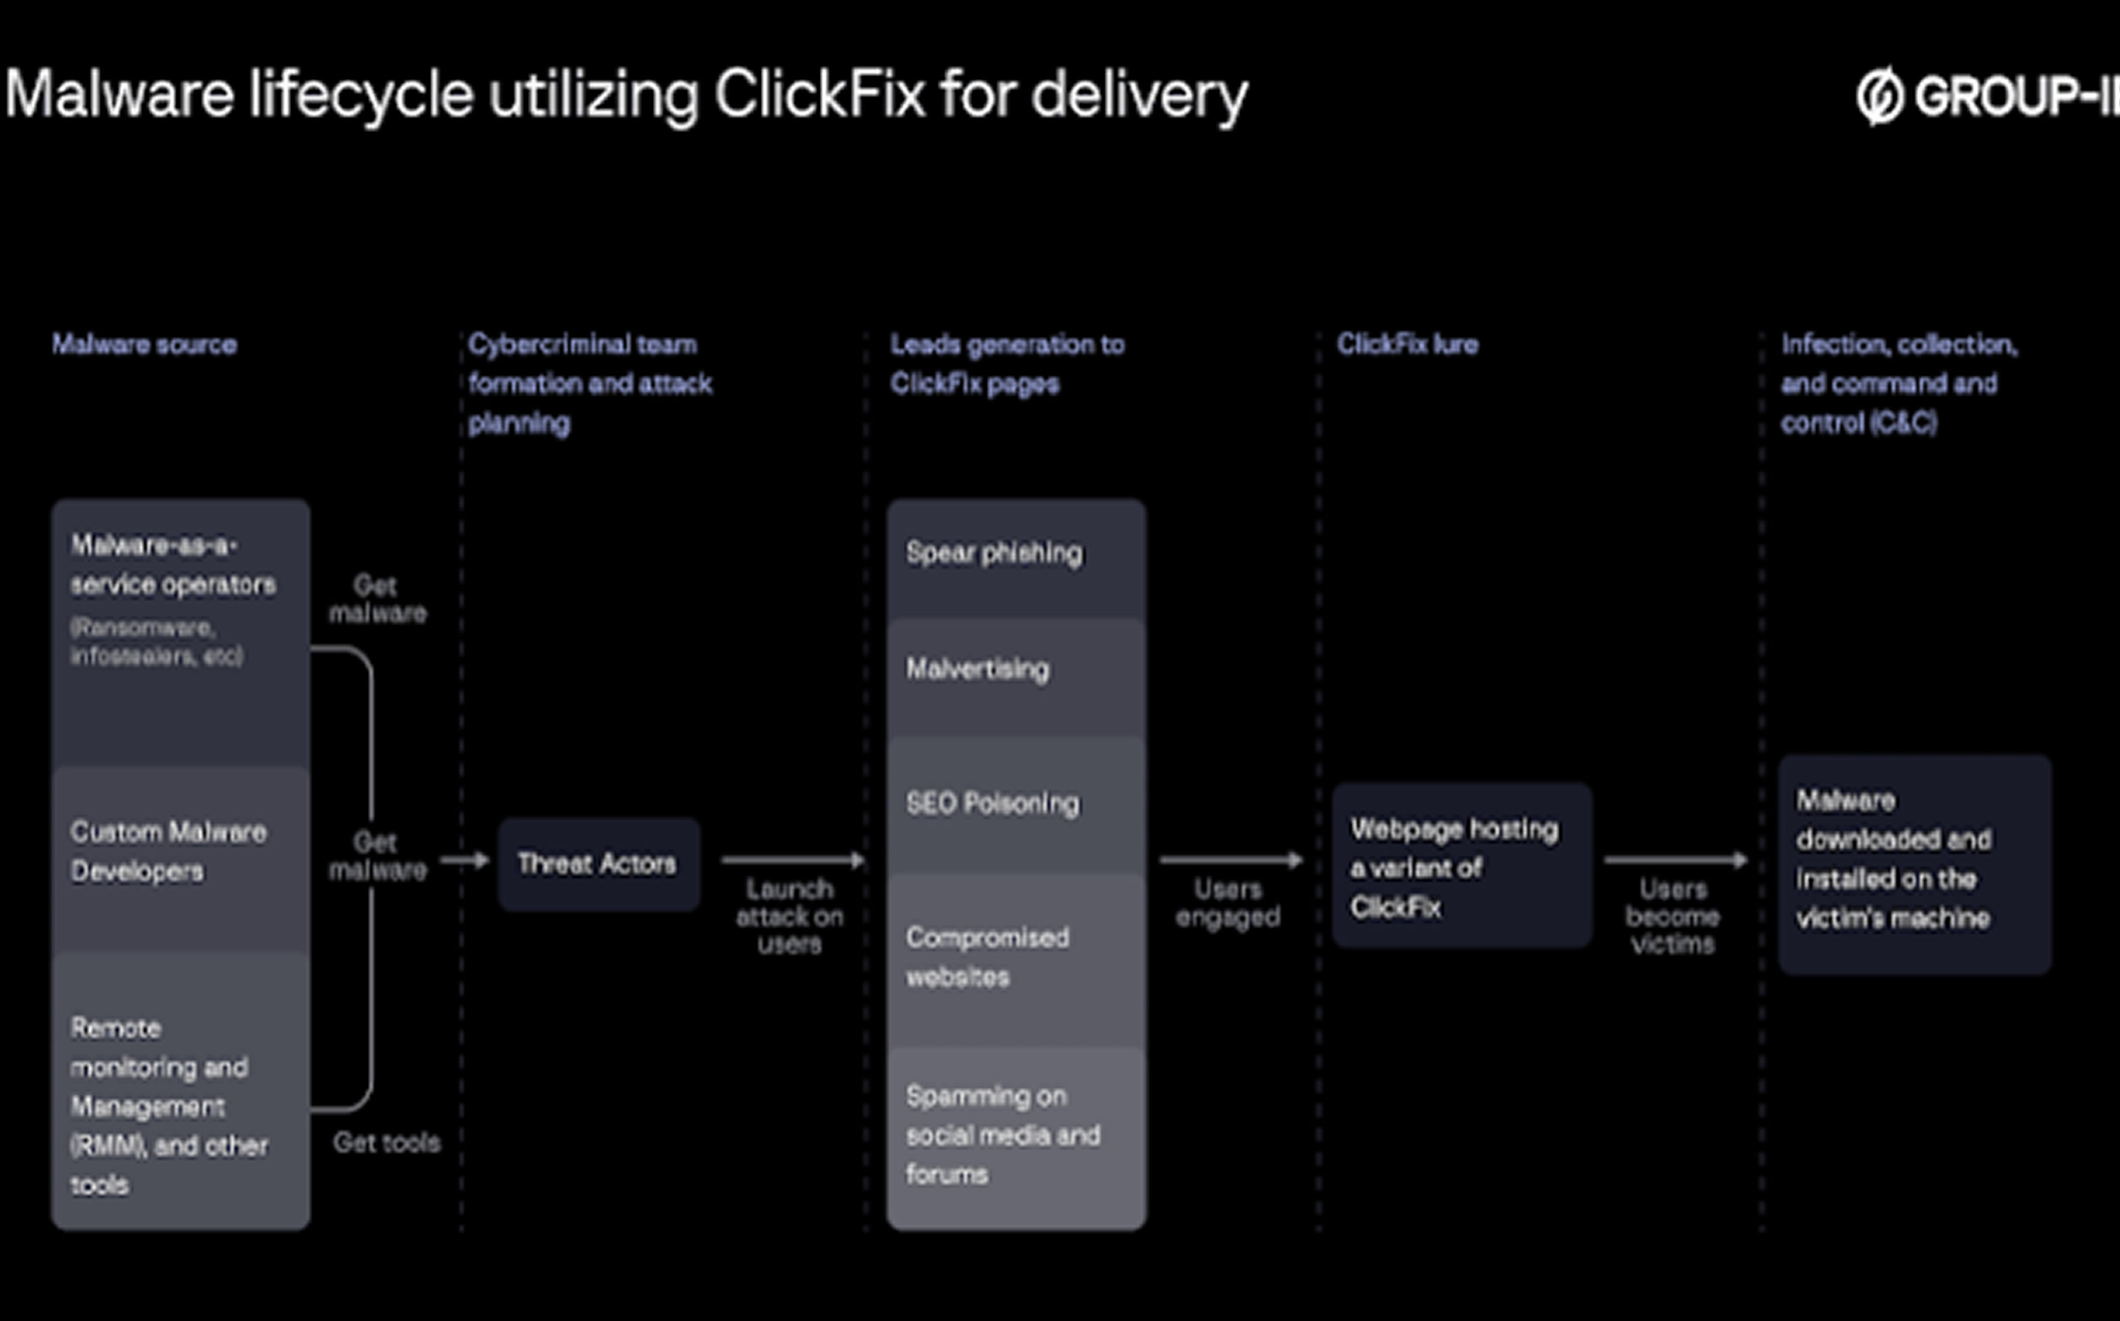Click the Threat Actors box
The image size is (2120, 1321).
tap(598, 864)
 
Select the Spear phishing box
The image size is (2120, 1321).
tap(1015, 558)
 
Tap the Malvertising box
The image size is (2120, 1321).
tap(1015, 674)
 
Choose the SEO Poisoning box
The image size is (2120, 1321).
tap(1015, 803)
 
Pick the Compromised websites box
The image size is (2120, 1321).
tap(1015, 957)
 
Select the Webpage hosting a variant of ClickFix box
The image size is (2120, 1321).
tap(1461, 866)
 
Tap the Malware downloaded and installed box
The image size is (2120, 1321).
tap(1914, 864)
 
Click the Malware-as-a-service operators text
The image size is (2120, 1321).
tap(173, 566)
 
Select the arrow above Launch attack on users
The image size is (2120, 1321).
tap(792, 861)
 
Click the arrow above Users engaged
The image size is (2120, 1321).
tap(1231, 861)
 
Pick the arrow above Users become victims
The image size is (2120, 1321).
tap(1674, 861)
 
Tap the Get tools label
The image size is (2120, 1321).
tap(386, 1143)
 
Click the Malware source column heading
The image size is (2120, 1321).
tap(144, 345)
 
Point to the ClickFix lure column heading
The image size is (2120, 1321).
tap(1407, 345)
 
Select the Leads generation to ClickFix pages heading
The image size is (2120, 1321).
tap(1007, 364)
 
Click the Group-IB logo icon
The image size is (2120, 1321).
tap(1879, 96)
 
